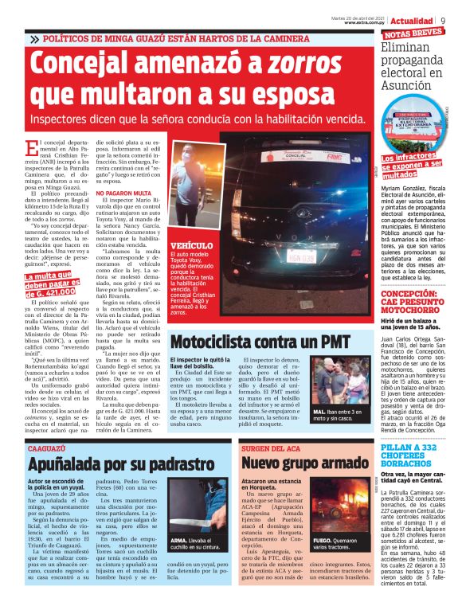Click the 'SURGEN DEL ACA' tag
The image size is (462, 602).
click(268, 448)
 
